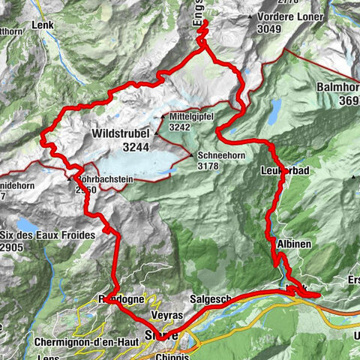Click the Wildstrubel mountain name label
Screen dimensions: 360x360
(118, 133)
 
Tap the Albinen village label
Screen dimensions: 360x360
(288, 244)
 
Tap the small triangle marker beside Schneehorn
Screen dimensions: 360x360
(192, 154)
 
